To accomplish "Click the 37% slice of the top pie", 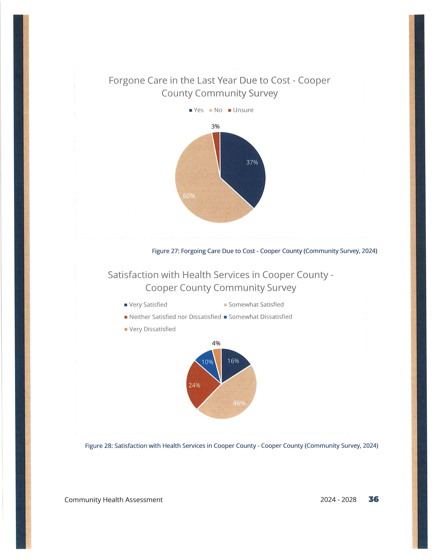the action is click(244, 167).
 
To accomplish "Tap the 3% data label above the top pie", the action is click(215, 126).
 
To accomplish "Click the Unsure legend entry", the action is click(241, 110).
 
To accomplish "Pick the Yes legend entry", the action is click(196, 110).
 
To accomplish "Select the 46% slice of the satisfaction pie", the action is click(231, 400).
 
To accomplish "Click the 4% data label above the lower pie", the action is click(216, 343).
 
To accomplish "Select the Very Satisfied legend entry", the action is click(146, 305).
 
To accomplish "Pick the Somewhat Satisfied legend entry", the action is click(254, 305).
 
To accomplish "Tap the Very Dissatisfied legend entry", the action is click(150, 329).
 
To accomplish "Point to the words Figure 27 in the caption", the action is click(165, 251).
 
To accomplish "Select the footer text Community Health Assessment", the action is click(114, 500).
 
